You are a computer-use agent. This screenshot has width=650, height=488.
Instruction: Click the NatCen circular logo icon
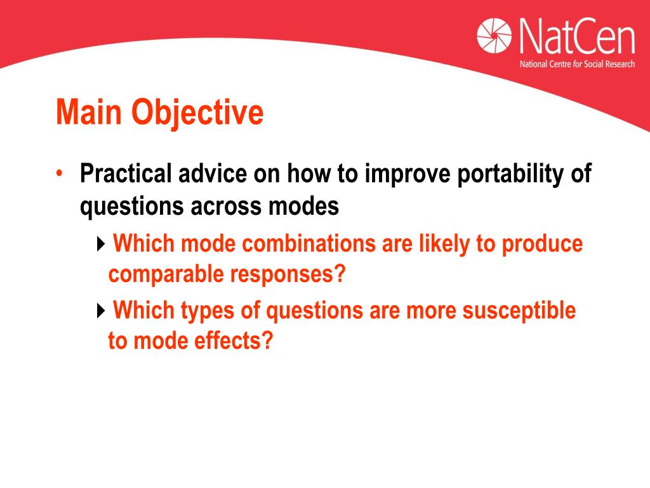[494, 36]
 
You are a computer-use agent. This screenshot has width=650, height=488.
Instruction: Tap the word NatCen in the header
[577, 36]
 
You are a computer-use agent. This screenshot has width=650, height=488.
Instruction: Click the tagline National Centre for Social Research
[577, 64]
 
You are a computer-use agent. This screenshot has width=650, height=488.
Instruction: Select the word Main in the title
[89, 112]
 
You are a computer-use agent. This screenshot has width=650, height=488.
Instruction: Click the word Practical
[126, 173]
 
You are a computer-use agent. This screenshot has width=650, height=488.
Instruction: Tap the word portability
[510, 174]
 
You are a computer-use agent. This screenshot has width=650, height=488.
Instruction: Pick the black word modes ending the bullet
[303, 206]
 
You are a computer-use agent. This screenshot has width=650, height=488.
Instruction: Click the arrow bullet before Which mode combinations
[101, 244]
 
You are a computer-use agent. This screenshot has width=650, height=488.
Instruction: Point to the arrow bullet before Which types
[101, 310]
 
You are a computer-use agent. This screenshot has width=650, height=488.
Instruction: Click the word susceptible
[519, 311]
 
